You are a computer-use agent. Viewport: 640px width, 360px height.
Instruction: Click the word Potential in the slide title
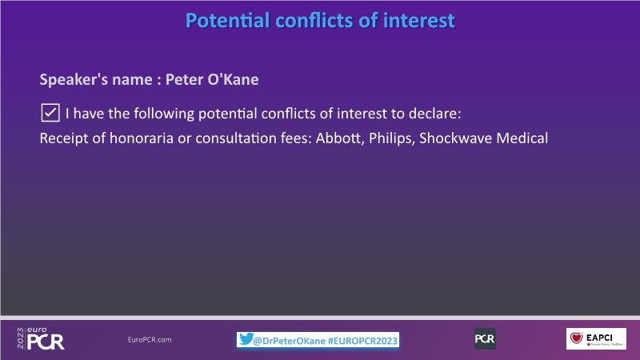(227, 21)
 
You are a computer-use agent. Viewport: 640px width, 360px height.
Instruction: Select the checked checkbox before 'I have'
(50, 113)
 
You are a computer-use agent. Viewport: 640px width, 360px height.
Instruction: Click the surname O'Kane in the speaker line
(233, 79)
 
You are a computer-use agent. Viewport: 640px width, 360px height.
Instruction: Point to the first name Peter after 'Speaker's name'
(183, 79)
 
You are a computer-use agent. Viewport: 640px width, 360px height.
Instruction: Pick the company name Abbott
(339, 138)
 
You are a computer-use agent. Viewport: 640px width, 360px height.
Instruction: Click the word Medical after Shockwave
(522, 138)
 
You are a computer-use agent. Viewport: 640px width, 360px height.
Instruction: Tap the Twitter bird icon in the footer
(246, 338)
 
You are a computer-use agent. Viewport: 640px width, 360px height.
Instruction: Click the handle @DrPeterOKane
(289, 341)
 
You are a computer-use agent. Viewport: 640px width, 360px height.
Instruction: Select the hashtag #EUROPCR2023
(363, 341)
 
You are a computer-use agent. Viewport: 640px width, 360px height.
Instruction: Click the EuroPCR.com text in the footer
(150, 339)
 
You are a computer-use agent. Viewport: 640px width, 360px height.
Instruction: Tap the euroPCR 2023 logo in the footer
(41, 338)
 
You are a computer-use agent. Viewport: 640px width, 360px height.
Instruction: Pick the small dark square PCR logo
(485, 338)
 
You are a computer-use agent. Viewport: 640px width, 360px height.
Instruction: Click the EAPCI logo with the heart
(596, 338)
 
